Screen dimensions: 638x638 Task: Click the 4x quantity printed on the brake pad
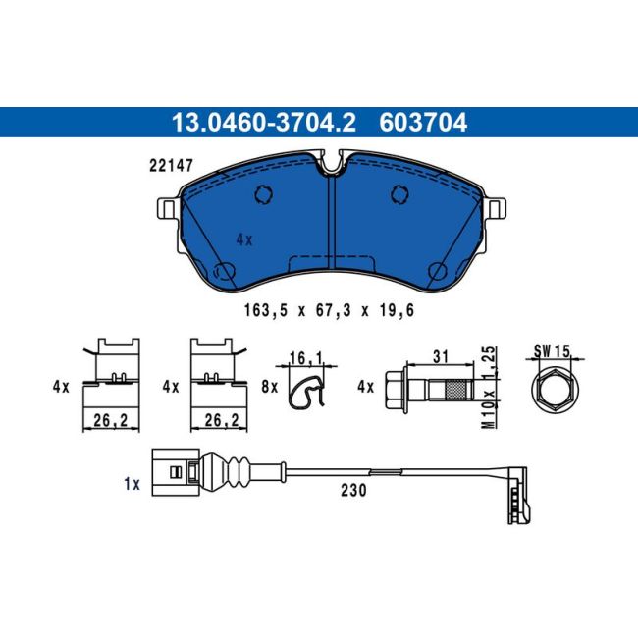(244, 239)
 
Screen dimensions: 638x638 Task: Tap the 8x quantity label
(271, 388)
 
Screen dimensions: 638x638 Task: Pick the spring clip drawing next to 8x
(310, 390)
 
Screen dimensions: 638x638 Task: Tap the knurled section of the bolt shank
(458, 390)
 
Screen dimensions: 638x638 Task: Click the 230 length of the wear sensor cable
(355, 491)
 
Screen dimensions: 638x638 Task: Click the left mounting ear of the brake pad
(167, 209)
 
